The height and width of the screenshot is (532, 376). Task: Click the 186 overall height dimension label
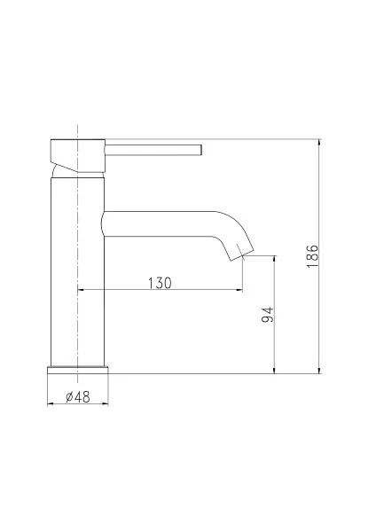(x=312, y=256)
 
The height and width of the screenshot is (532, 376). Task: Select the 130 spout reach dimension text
(x=160, y=283)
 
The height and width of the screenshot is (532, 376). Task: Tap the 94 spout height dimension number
(x=268, y=315)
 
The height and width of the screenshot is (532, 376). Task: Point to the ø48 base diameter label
(x=78, y=396)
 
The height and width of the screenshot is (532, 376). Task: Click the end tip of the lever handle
(x=201, y=150)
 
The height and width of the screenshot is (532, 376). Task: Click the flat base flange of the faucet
(x=78, y=370)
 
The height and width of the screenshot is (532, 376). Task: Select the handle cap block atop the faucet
(x=78, y=156)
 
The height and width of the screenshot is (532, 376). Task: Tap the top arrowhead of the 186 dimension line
(x=319, y=143)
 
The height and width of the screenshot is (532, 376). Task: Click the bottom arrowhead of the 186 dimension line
(x=319, y=370)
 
